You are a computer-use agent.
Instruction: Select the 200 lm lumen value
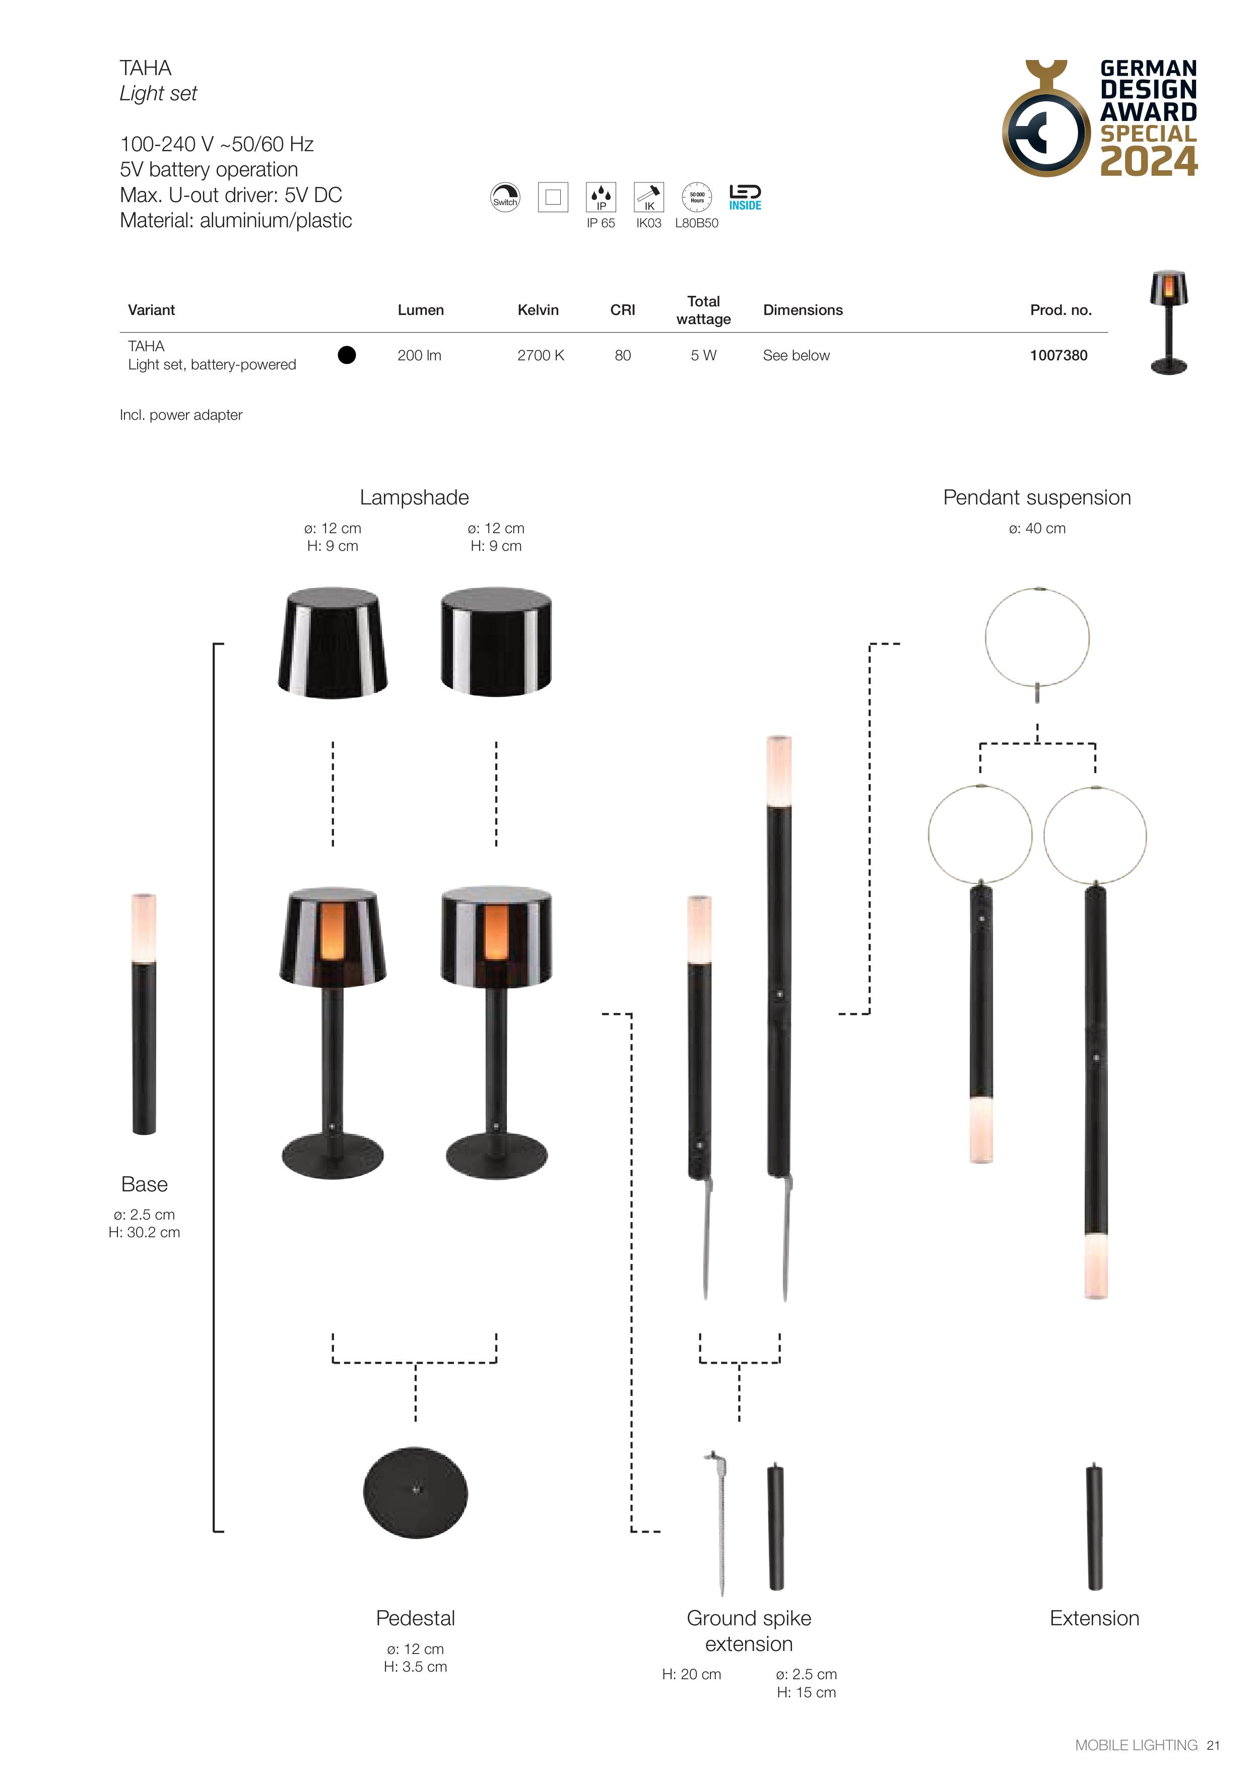[x=419, y=355]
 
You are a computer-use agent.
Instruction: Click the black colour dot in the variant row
[x=347, y=355]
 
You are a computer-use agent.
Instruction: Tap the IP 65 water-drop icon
[x=601, y=197]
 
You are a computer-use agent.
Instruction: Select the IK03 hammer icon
[x=649, y=197]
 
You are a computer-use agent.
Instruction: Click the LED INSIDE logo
[x=745, y=197]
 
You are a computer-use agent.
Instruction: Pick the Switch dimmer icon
[x=505, y=197]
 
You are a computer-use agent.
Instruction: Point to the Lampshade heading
[x=414, y=498]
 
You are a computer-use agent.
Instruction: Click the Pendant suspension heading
[x=1037, y=498]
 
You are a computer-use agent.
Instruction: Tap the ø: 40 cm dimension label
[x=1037, y=529]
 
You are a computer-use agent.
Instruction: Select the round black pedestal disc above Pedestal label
[x=416, y=1492]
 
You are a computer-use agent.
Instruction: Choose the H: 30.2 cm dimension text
[x=144, y=1233]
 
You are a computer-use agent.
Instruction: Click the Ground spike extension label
[x=749, y=1631]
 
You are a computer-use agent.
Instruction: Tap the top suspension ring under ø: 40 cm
[x=1037, y=638]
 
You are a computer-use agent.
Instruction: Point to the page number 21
[x=1213, y=1745]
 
